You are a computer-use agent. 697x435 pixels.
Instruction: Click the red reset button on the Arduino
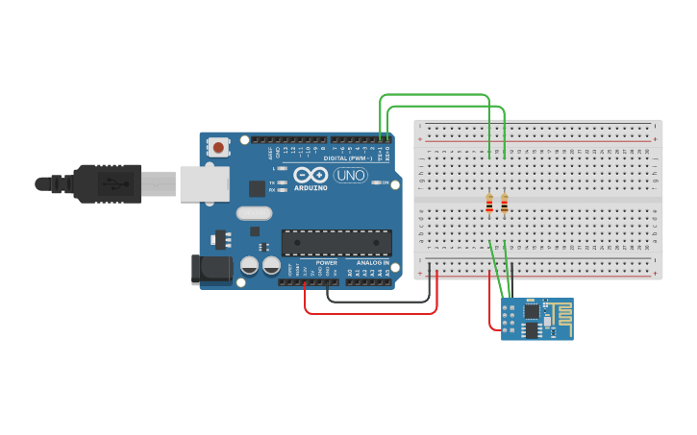pyautogui.click(x=219, y=148)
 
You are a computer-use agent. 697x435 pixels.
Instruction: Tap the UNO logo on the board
pyautogui.click(x=350, y=175)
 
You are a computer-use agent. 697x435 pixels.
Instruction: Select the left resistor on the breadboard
pyautogui.click(x=489, y=203)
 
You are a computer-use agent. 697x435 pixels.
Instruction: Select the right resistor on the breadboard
pyautogui.click(x=504, y=203)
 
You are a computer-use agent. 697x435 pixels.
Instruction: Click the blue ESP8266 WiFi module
pyautogui.click(x=536, y=319)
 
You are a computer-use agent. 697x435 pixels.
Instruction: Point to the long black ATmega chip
pyautogui.click(x=336, y=243)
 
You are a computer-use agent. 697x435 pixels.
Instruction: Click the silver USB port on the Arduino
pyautogui.click(x=204, y=182)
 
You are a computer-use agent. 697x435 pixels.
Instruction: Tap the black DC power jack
pyautogui.click(x=211, y=270)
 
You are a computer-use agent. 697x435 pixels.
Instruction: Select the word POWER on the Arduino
pyautogui.click(x=327, y=262)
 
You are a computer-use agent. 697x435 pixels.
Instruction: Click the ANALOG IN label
pyautogui.click(x=373, y=262)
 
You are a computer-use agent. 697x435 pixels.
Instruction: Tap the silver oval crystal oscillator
pyautogui.click(x=254, y=213)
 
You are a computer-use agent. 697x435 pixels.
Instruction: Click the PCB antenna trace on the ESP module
pyautogui.click(x=559, y=312)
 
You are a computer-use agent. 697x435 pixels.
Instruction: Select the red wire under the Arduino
pyautogui.click(x=370, y=312)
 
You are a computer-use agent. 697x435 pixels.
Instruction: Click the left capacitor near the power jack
pyautogui.click(x=249, y=264)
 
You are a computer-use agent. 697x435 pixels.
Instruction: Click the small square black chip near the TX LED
pyautogui.click(x=257, y=188)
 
